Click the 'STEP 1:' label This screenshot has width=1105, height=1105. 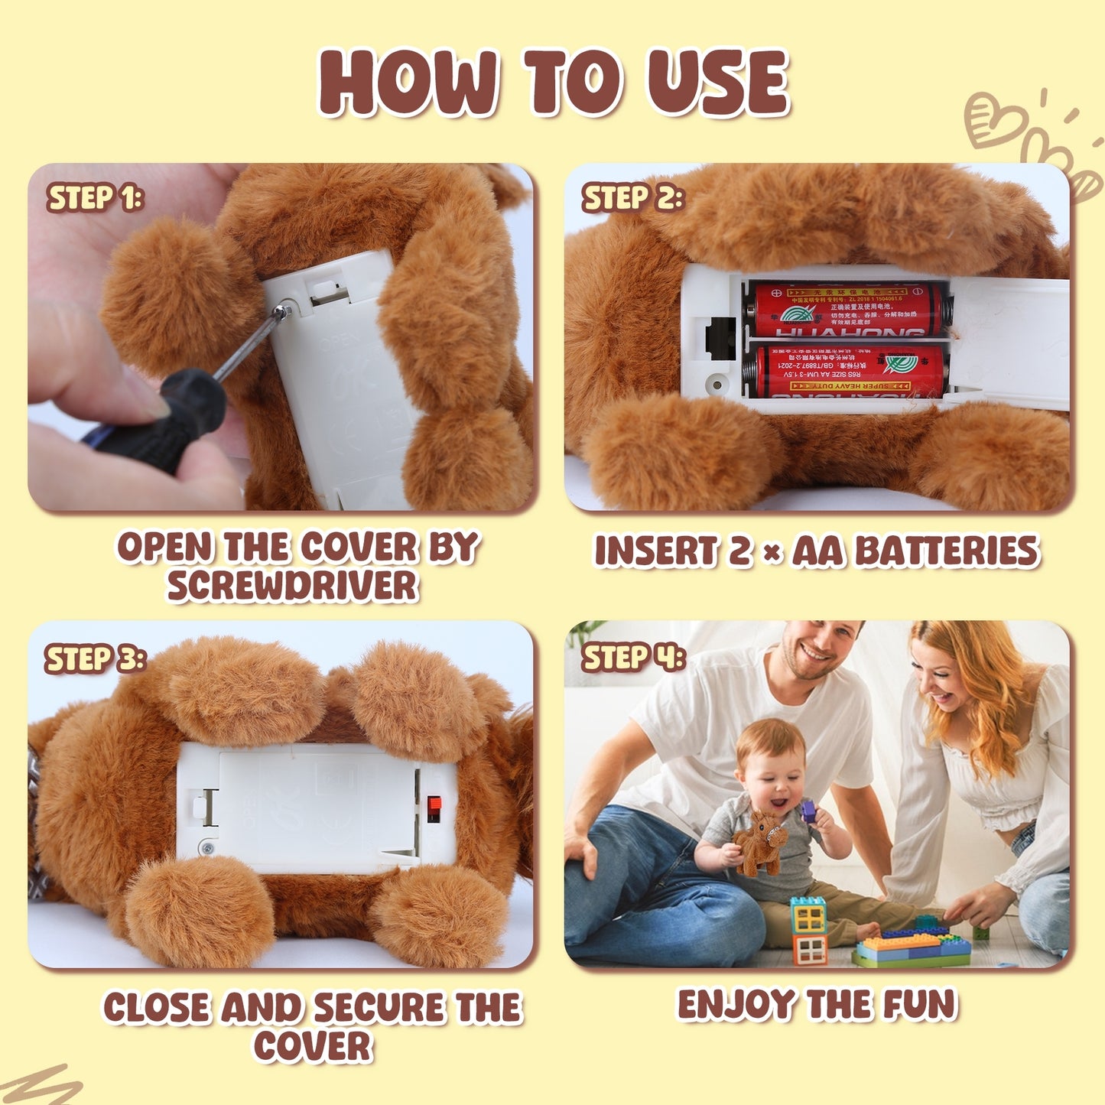click(x=95, y=198)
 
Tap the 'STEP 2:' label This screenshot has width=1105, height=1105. click(x=632, y=198)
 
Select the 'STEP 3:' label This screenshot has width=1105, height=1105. click(x=95, y=658)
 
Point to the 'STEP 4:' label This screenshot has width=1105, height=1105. click(x=633, y=658)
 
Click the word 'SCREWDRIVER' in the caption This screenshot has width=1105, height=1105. click(x=293, y=587)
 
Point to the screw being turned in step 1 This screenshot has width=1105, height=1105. click(x=284, y=310)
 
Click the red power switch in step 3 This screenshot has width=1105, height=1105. click(x=434, y=807)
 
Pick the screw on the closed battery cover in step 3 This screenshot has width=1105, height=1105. click(x=206, y=847)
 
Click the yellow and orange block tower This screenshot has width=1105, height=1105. click(x=808, y=929)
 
